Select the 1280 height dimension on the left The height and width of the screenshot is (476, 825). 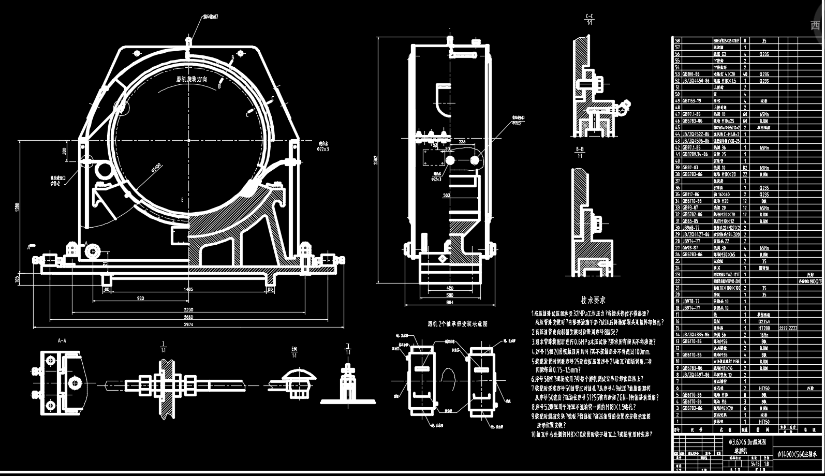tap(17, 207)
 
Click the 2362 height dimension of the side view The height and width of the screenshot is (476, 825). tap(376, 160)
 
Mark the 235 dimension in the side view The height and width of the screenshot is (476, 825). tap(462, 141)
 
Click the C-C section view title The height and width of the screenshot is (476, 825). tap(589, 17)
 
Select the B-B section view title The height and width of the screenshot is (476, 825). tap(580, 149)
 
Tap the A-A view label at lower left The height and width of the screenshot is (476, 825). tap(62, 340)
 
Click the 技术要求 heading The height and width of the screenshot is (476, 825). tap(593, 300)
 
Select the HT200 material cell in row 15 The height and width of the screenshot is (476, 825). tap(764, 328)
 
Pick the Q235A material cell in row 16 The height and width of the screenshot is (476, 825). tap(764, 321)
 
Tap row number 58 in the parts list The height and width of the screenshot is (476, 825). tap(677, 40)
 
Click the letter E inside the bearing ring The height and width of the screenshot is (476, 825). tap(182, 199)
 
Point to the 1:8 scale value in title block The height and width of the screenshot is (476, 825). tap(767, 464)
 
